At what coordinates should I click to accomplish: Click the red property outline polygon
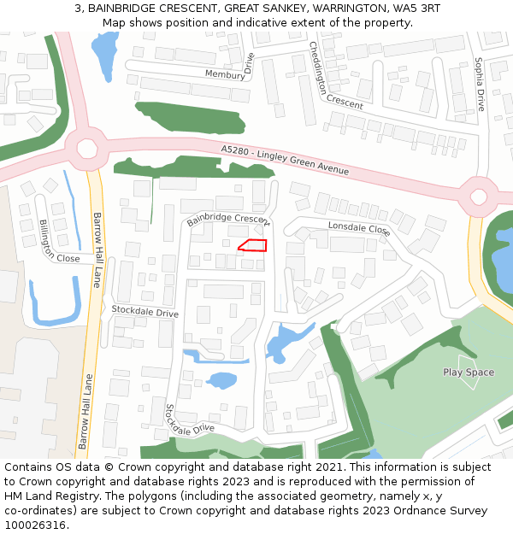point(252,245)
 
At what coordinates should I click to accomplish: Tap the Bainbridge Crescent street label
point(227,220)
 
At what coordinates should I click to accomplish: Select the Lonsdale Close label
point(359,228)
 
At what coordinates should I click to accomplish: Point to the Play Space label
point(469,372)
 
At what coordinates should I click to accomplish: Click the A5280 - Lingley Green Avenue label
point(285,160)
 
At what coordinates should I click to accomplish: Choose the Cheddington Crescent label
point(335,76)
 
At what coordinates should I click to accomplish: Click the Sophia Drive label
point(480,84)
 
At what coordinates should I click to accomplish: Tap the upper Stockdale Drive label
point(144,312)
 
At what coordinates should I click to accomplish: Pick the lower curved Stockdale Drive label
point(188,420)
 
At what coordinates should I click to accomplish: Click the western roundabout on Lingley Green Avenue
point(86,149)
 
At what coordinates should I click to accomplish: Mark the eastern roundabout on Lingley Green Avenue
point(478,197)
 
